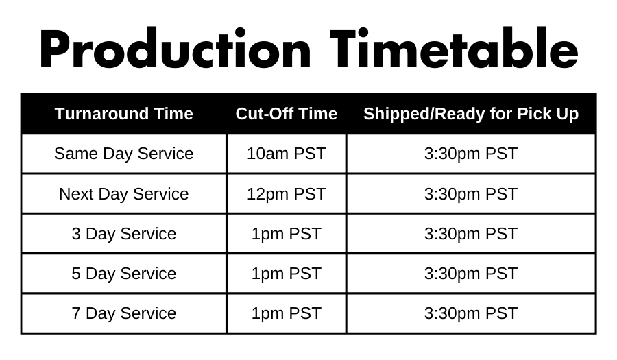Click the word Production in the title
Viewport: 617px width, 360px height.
[176, 49]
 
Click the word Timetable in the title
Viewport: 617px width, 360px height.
[454, 48]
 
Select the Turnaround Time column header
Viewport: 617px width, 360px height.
[124, 114]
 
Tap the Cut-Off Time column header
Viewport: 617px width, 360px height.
[287, 114]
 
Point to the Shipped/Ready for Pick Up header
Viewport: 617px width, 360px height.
[471, 114]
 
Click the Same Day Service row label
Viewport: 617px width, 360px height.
[124, 154]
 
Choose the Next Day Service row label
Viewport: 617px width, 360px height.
[124, 194]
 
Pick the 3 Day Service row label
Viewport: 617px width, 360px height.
[124, 234]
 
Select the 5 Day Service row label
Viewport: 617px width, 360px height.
[124, 274]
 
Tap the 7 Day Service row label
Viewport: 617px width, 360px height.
[124, 313]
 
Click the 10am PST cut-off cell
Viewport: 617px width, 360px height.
[287, 154]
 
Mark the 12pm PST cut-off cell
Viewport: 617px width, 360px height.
[287, 194]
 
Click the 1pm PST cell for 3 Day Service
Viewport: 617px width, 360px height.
[287, 234]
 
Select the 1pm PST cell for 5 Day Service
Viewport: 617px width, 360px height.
[287, 274]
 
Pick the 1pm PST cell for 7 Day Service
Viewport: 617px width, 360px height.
[287, 313]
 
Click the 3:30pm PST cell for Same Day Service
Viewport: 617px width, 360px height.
[471, 154]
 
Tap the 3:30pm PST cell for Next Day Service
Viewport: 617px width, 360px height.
[471, 194]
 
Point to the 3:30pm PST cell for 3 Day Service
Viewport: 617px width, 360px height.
[471, 234]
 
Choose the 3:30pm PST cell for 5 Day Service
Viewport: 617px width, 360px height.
[471, 274]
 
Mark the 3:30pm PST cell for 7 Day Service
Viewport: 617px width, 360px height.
[471, 313]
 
